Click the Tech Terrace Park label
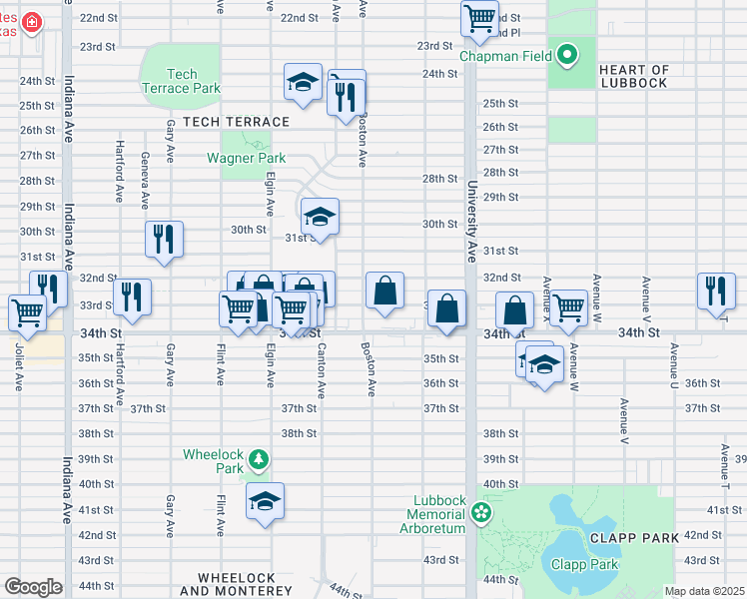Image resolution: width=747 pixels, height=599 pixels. [x=181, y=81]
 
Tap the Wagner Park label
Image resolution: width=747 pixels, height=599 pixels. [x=246, y=158]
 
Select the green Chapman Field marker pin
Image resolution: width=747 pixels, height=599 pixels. [x=568, y=54]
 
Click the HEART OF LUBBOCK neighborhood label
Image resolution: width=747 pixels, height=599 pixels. [x=633, y=76]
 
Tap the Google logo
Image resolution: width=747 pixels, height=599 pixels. [x=33, y=587]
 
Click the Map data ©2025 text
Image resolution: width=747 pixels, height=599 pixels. [x=703, y=591]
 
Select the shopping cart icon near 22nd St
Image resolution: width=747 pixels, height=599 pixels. [x=479, y=17]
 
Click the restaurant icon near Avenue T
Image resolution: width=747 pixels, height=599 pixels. [x=715, y=290]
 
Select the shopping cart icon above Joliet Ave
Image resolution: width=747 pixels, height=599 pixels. [x=27, y=311]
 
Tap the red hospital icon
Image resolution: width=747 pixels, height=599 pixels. [x=33, y=21]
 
